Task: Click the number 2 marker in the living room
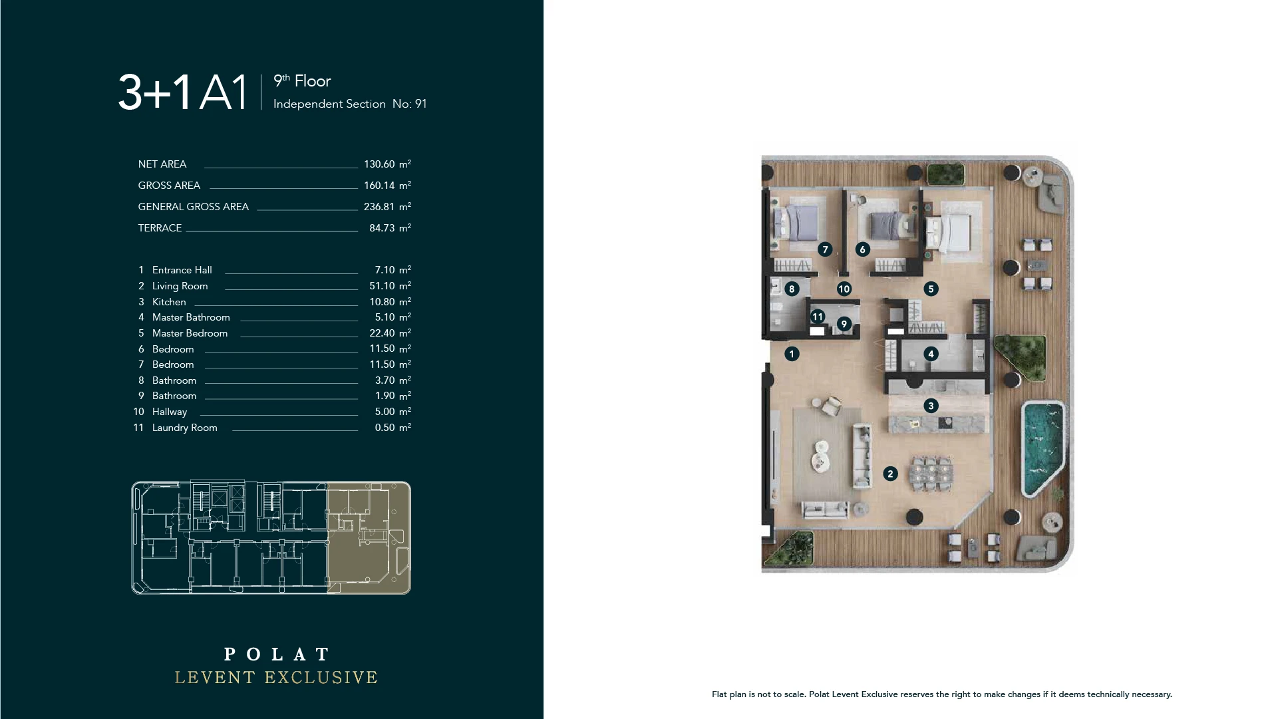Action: coord(890,474)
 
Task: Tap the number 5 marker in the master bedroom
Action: coord(931,289)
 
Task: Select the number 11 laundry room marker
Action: coord(818,317)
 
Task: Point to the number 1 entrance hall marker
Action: coord(792,353)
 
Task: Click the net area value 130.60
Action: coord(379,164)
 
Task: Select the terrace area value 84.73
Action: coord(382,228)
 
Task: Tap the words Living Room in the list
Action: coord(180,286)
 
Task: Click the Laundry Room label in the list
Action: coord(185,428)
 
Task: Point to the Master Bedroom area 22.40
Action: coord(382,333)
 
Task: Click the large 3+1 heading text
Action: coord(154,92)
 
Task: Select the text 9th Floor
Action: coord(302,81)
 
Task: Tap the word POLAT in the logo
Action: coord(277,654)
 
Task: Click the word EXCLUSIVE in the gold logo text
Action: coord(321,678)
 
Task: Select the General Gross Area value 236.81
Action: coord(379,207)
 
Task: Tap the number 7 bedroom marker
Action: coord(825,249)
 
